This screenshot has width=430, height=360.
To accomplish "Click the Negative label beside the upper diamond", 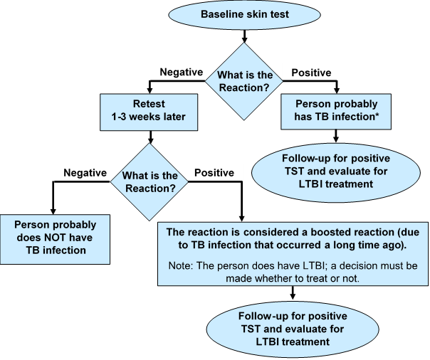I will point(182,73).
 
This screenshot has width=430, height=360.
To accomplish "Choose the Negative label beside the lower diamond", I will point(85,173).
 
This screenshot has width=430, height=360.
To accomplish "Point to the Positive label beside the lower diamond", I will point(214,173).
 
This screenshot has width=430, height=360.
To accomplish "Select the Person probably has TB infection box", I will point(336,110).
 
